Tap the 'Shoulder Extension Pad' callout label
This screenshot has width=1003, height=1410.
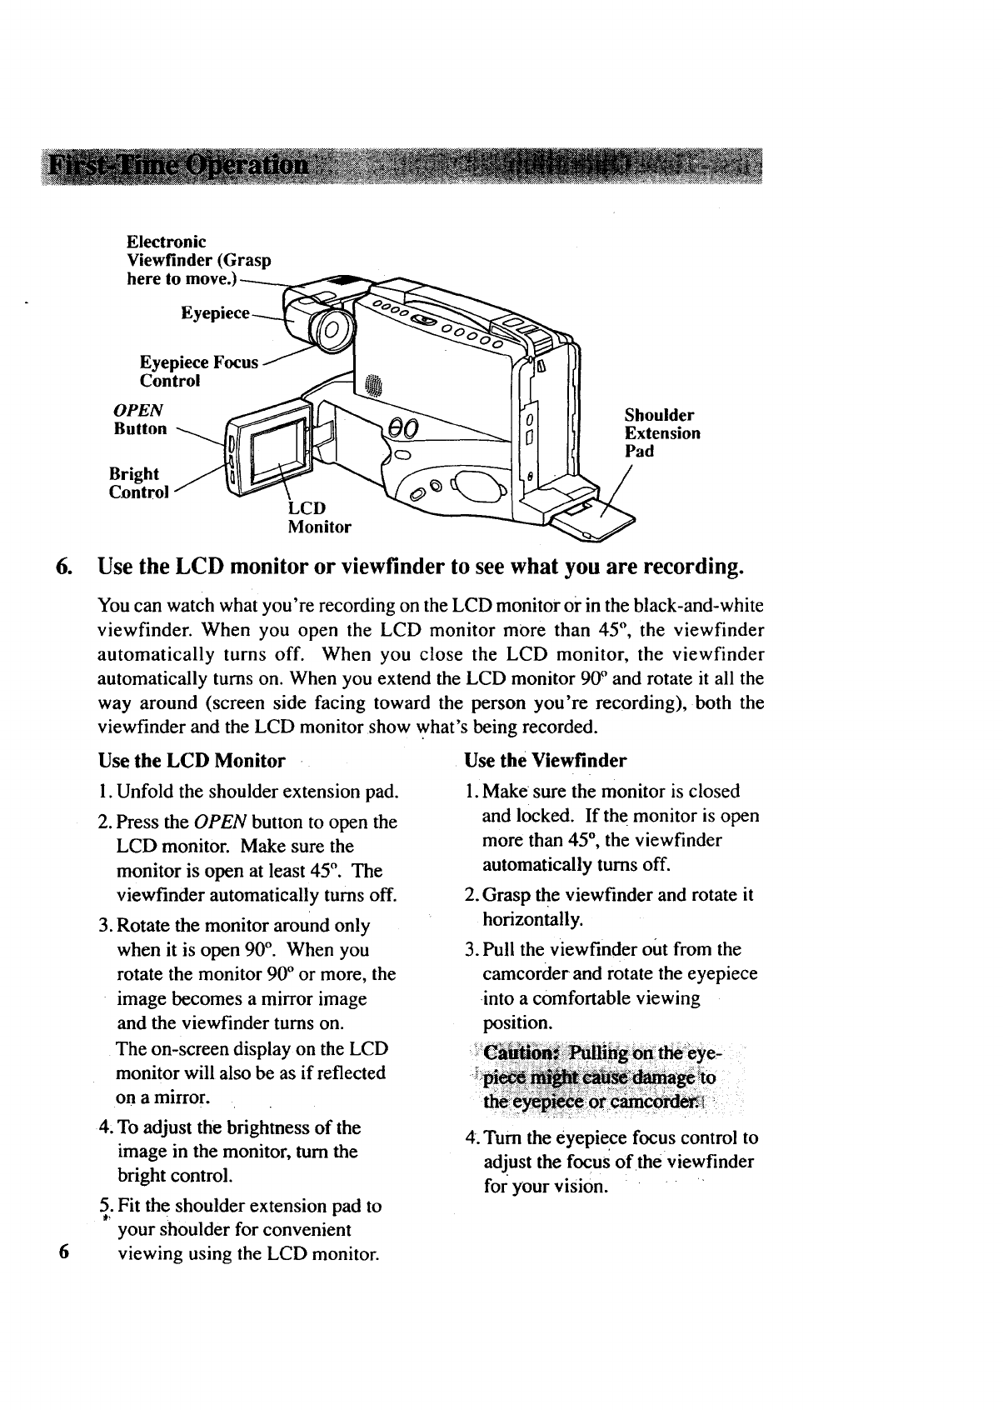[x=662, y=432]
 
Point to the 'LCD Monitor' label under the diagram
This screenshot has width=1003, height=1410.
[x=319, y=517]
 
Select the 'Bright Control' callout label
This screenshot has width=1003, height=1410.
[x=138, y=482]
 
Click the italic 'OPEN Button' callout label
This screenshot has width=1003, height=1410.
[x=140, y=419]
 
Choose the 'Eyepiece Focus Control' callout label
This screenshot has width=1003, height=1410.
[x=198, y=372]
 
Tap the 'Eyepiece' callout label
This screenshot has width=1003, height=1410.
[x=215, y=313]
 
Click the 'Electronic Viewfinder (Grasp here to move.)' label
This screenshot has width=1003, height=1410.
[x=198, y=259]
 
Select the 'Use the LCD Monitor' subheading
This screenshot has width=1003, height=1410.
[x=192, y=760]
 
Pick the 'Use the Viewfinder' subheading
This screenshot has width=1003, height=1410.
[x=545, y=760]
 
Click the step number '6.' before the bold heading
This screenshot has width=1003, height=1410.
[x=63, y=567]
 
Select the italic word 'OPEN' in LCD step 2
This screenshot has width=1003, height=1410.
[x=220, y=822]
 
